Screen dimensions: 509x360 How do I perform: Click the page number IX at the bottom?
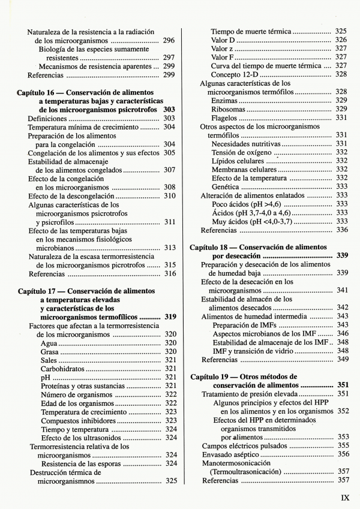345,497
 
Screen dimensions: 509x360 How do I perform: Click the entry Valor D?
223,40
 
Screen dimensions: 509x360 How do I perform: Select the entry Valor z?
222,49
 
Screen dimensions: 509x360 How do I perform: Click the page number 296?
169,40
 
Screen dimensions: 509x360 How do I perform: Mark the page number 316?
170,274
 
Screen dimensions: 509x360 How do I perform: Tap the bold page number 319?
170,317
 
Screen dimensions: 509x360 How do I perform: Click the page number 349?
343,360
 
